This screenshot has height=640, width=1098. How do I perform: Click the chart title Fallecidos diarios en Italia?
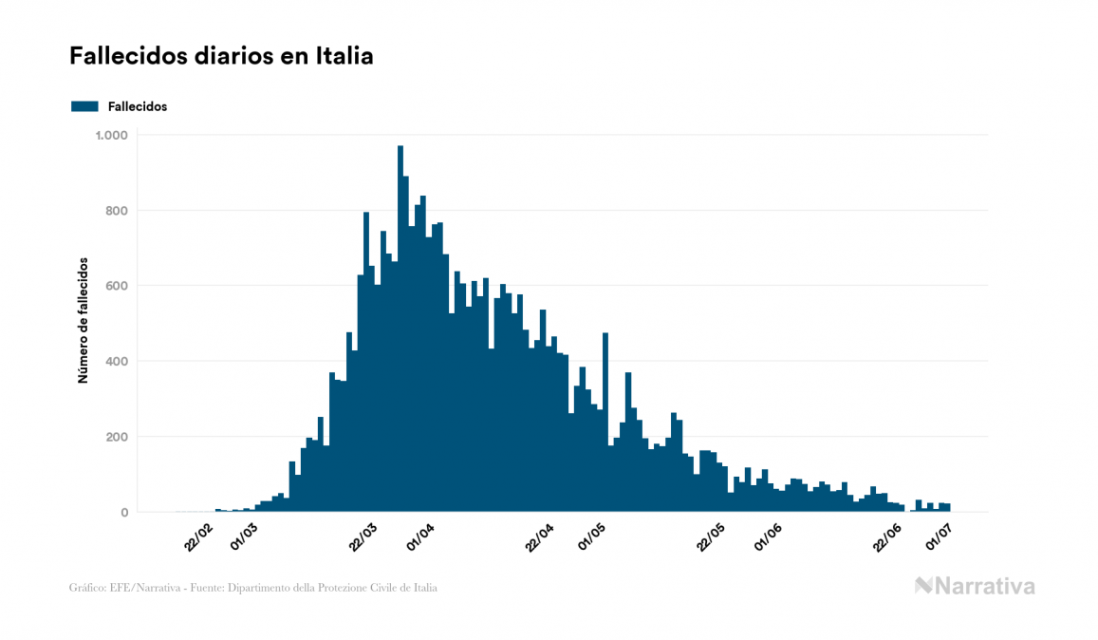[221, 56]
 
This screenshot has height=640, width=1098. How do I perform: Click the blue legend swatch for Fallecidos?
[84, 106]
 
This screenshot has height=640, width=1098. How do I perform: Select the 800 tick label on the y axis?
[117, 211]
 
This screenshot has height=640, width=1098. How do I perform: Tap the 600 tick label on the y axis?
[117, 286]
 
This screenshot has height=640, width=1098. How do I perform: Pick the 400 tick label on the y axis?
[117, 362]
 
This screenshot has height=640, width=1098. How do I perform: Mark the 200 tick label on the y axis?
[117, 437]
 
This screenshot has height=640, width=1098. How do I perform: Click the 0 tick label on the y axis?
[123, 513]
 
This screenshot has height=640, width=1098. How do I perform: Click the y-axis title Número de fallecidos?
[83, 320]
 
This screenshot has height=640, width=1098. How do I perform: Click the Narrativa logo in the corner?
[975, 586]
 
